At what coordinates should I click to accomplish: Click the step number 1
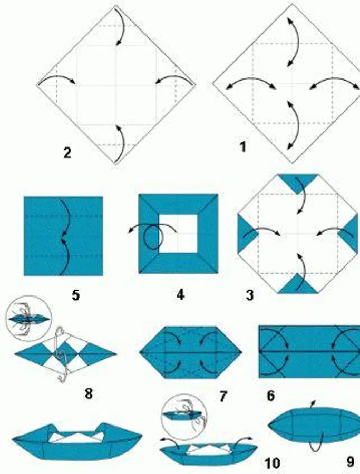point(242,147)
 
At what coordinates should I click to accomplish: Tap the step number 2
point(67,153)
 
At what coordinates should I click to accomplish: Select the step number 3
point(250,295)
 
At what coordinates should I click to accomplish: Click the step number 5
point(75,295)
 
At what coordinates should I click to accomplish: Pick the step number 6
point(271,396)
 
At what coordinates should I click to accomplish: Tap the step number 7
point(223,396)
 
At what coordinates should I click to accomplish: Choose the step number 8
point(89,393)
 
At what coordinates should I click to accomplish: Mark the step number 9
point(351,461)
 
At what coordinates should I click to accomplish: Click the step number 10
point(273,463)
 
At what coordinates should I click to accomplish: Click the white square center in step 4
point(178,234)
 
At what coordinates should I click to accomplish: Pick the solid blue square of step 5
point(63,236)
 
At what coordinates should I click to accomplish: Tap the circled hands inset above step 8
point(28,318)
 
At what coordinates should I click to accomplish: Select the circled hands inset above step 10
point(184,417)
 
